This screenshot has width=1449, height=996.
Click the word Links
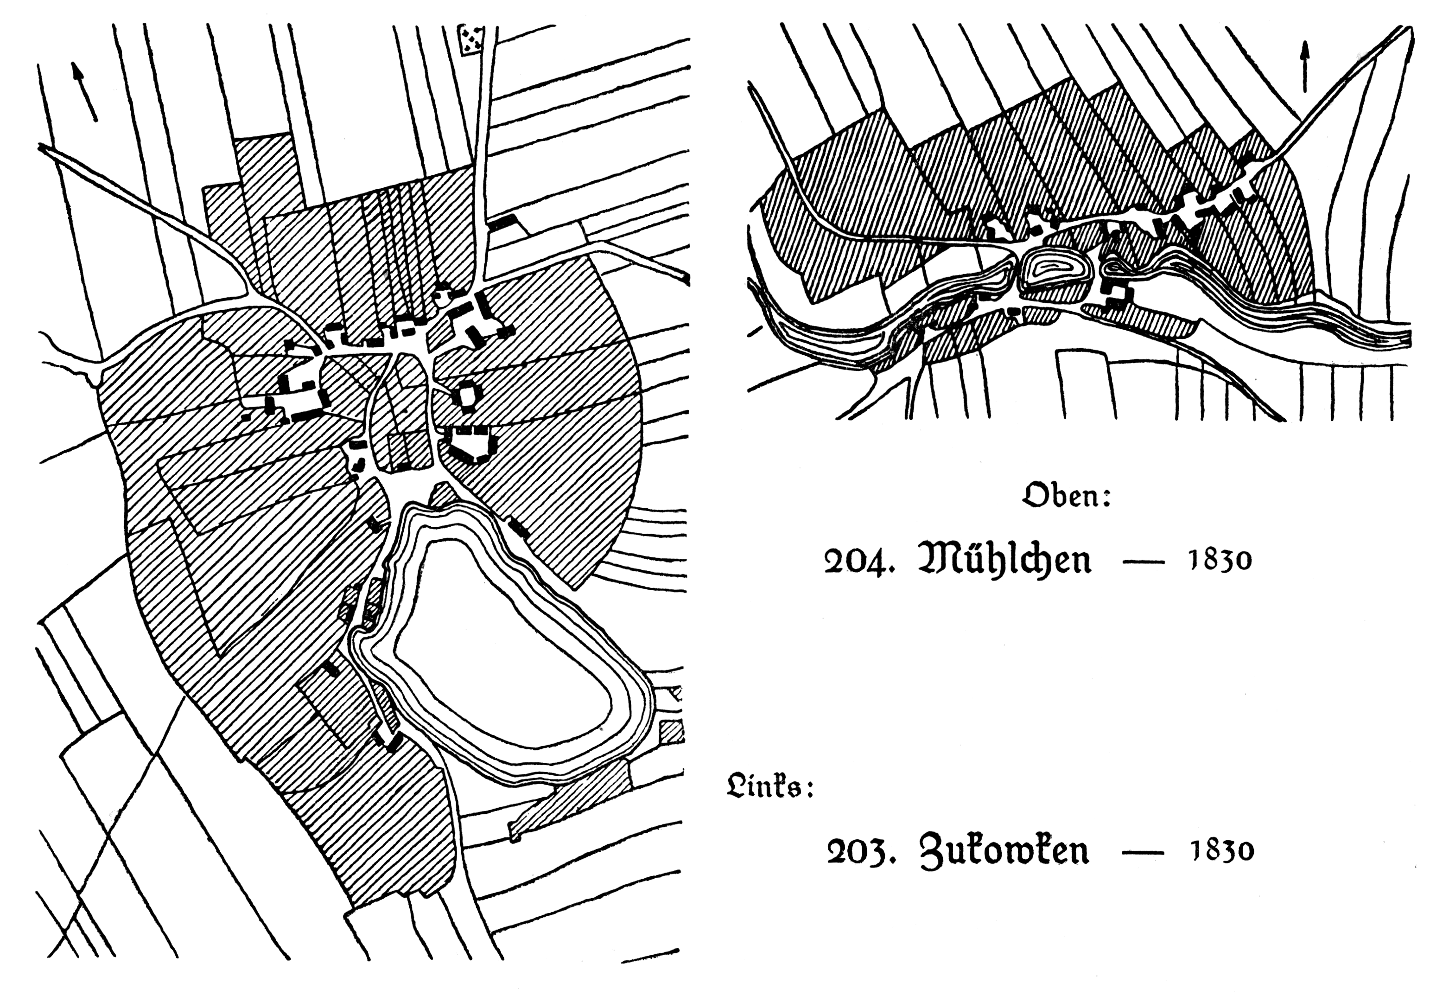coord(770,785)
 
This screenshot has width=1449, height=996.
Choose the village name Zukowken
coord(1004,850)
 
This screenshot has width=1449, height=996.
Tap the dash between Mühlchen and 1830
coord(1143,561)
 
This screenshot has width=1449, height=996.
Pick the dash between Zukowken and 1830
coord(1143,852)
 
